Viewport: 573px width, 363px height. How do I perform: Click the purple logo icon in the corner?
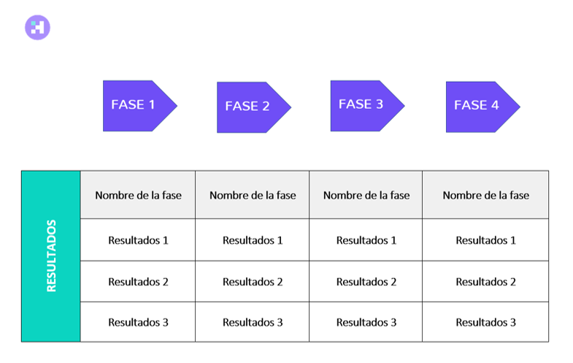tap(37, 28)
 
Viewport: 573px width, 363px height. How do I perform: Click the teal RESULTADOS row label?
tap(51, 256)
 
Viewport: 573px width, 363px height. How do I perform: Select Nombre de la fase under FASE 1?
tap(138, 195)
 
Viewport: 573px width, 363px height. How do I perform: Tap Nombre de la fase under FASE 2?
tap(253, 195)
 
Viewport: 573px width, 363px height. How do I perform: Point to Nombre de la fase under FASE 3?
tap(366, 195)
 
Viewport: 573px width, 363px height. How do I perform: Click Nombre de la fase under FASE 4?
tap(485, 195)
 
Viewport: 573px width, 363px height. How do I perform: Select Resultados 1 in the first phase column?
tap(138, 240)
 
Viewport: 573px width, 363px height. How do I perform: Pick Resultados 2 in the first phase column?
tap(138, 282)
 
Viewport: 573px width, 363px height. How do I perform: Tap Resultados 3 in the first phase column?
tap(138, 322)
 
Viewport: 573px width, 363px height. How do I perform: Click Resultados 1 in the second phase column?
tap(253, 240)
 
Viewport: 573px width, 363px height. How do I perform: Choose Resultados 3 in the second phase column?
tap(253, 322)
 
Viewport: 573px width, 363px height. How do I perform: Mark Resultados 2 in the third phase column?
tap(366, 282)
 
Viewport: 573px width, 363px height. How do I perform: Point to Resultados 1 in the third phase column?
tap(366, 240)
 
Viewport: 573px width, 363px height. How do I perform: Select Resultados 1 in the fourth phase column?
tap(485, 240)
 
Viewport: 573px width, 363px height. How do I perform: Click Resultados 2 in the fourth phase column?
tap(485, 282)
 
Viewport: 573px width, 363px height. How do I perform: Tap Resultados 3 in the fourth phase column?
tap(485, 322)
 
